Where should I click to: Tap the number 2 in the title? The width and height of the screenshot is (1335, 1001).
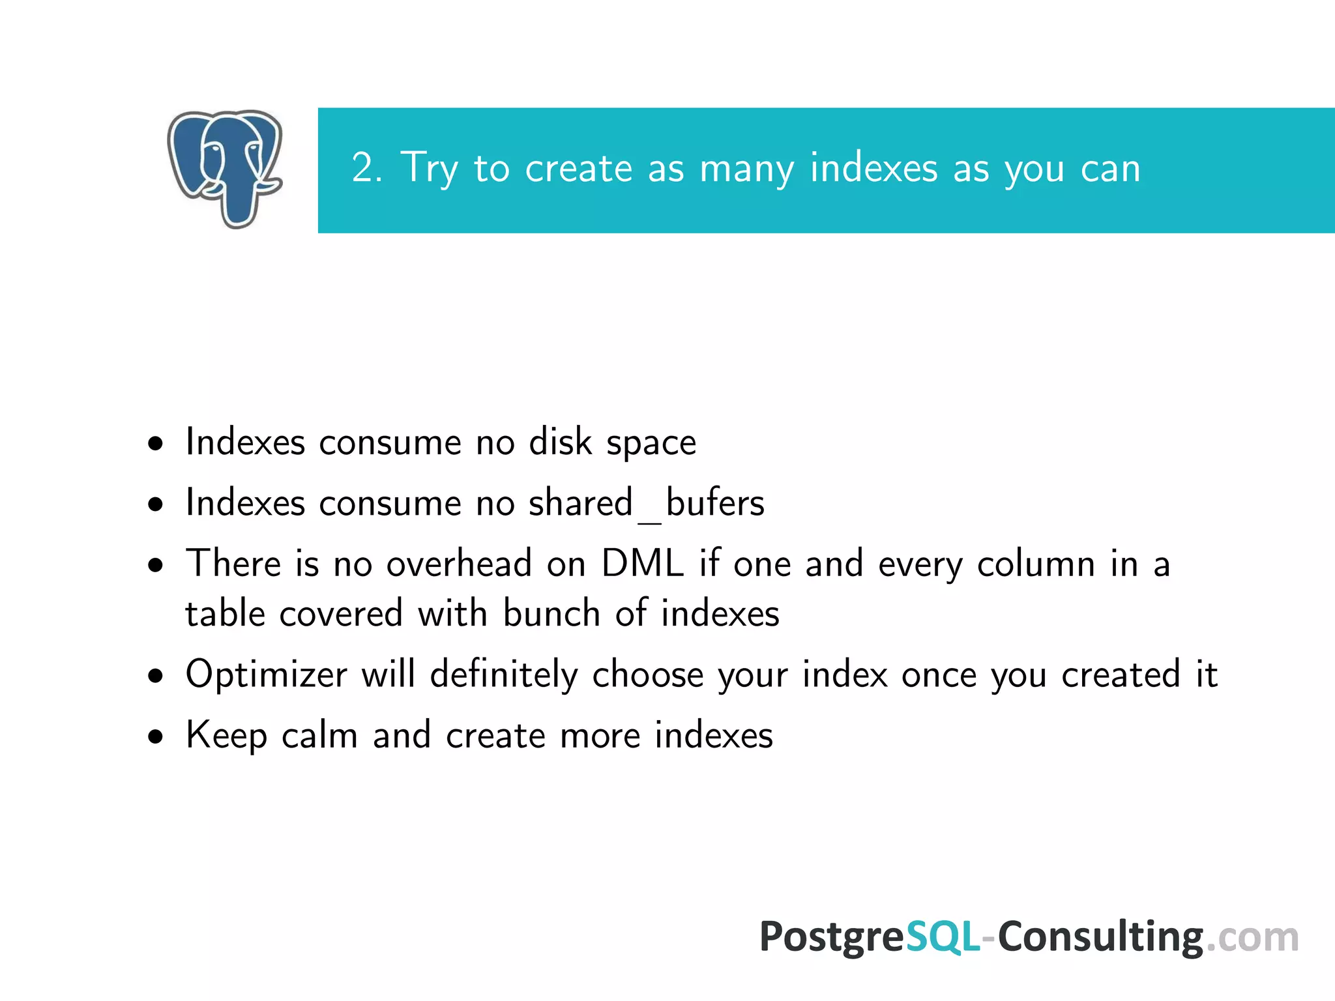pos(363,168)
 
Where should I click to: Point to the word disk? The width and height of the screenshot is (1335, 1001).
pos(560,442)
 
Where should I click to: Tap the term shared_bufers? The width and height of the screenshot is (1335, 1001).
pos(646,504)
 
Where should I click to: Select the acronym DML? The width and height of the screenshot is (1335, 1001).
pos(642,563)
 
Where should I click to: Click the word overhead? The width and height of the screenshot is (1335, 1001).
pos(459,563)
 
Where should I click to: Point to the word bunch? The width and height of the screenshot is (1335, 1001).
pos(551,614)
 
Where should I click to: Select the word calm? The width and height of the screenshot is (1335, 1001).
pos(319,736)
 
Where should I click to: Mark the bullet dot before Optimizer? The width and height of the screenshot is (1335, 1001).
pos(155,676)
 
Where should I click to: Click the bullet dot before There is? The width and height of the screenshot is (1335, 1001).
pos(155,565)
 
